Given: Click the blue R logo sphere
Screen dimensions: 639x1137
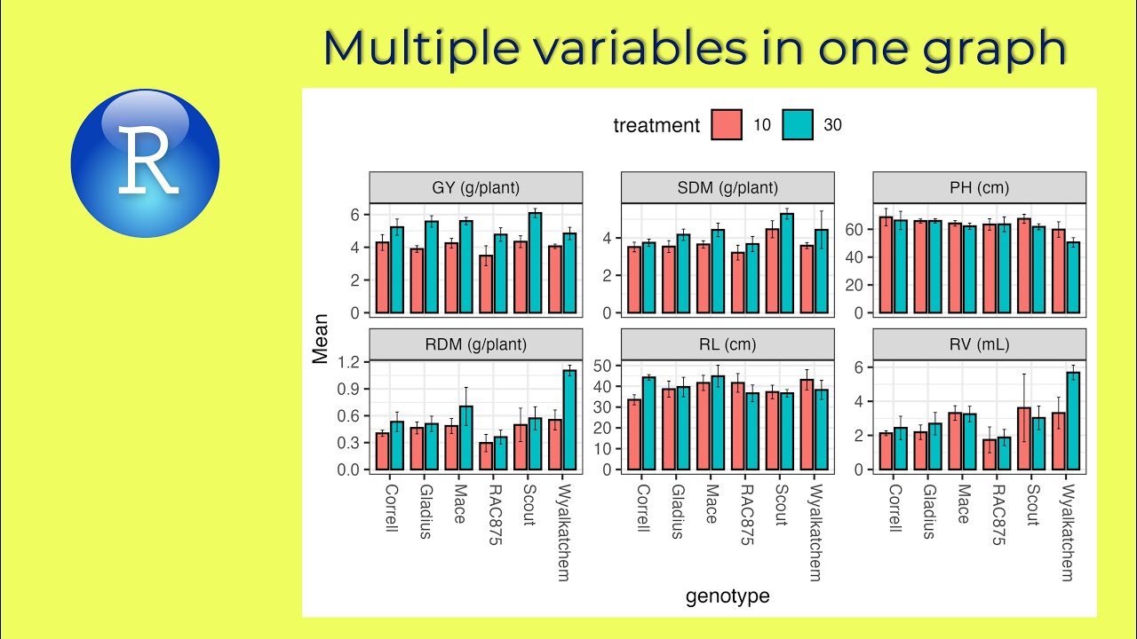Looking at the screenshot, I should click(145, 163).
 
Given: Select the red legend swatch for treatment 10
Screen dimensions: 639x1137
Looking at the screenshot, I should click(726, 125).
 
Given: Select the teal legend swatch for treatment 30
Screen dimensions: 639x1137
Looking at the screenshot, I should click(798, 125).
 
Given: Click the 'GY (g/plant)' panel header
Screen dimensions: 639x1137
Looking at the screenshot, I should click(476, 187).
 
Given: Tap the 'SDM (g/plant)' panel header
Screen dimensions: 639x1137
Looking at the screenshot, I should click(728, 187).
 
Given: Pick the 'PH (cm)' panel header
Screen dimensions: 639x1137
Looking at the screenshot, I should click(979, 187).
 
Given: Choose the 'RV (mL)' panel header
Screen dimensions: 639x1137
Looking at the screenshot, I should click(979, 344).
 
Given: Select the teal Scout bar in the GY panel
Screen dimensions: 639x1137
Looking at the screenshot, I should click(535, 263).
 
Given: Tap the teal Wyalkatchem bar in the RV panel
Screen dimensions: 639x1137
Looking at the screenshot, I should click(1073, 421).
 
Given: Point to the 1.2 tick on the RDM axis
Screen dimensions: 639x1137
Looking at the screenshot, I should click(348, 362).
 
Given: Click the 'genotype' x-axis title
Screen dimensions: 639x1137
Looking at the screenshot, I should click(728, 596).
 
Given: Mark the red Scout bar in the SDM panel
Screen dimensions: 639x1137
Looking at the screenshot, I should click(773, 271).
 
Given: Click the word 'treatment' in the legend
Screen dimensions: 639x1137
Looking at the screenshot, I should click(656, 126).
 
